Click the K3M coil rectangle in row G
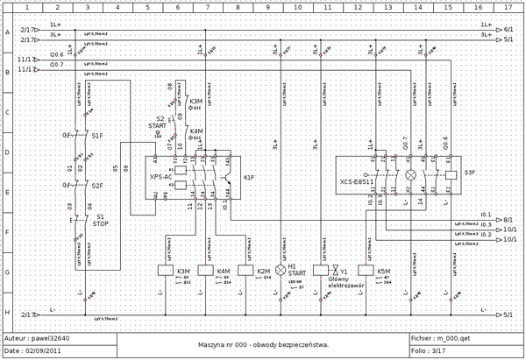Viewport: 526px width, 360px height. click(x=164, y=272)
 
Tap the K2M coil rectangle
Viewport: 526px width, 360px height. click(x=245, y=272)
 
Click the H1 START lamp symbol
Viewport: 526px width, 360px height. click(x=281, y=272)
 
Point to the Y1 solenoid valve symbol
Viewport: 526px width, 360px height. click(x=321, y=272)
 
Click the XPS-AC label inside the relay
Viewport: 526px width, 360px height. click(x=160, y=176)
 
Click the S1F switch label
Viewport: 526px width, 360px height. click(x=97, y=136)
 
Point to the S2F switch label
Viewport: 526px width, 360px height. click(x=97, y=186)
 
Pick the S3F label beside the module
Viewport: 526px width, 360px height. click(x=470, y=173)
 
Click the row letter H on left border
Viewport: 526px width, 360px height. click(x=8, y=312)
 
